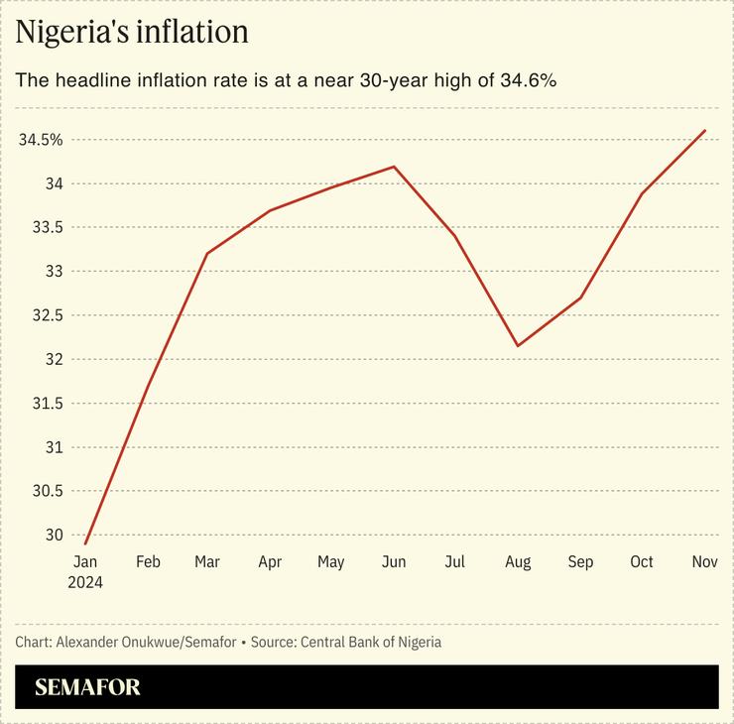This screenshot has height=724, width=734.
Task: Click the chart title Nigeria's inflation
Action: (x=131, y=32)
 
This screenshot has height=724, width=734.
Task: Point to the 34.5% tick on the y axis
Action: (x=41, y=140)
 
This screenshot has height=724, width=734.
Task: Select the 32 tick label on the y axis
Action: (x=53, y=359)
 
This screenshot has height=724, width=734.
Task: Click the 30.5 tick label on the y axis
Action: (x=46, y=491)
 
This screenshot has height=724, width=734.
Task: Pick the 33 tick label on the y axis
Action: (x=53, y=271)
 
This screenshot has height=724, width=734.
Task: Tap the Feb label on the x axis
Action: (x=148, y=562)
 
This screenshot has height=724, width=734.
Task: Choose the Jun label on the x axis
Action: (x=394, y=562)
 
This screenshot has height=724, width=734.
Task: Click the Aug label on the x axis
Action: (x=517, y=562)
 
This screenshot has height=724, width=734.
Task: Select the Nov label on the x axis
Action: (x=704, y=562)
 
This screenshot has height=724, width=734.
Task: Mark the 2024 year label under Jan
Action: (x=85, y=582)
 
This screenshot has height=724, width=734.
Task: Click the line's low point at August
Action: (x=518, y=346)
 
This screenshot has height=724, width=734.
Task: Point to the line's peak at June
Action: (x=395, y=167)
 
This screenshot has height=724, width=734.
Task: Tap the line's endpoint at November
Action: (x=704, y=130)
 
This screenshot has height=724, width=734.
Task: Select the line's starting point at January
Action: (x=85, y=543)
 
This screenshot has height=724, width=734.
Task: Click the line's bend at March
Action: (x=207, y=253)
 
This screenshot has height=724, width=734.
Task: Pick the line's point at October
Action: (x=643, y=193)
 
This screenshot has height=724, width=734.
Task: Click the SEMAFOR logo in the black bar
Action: (x=87, y=687)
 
